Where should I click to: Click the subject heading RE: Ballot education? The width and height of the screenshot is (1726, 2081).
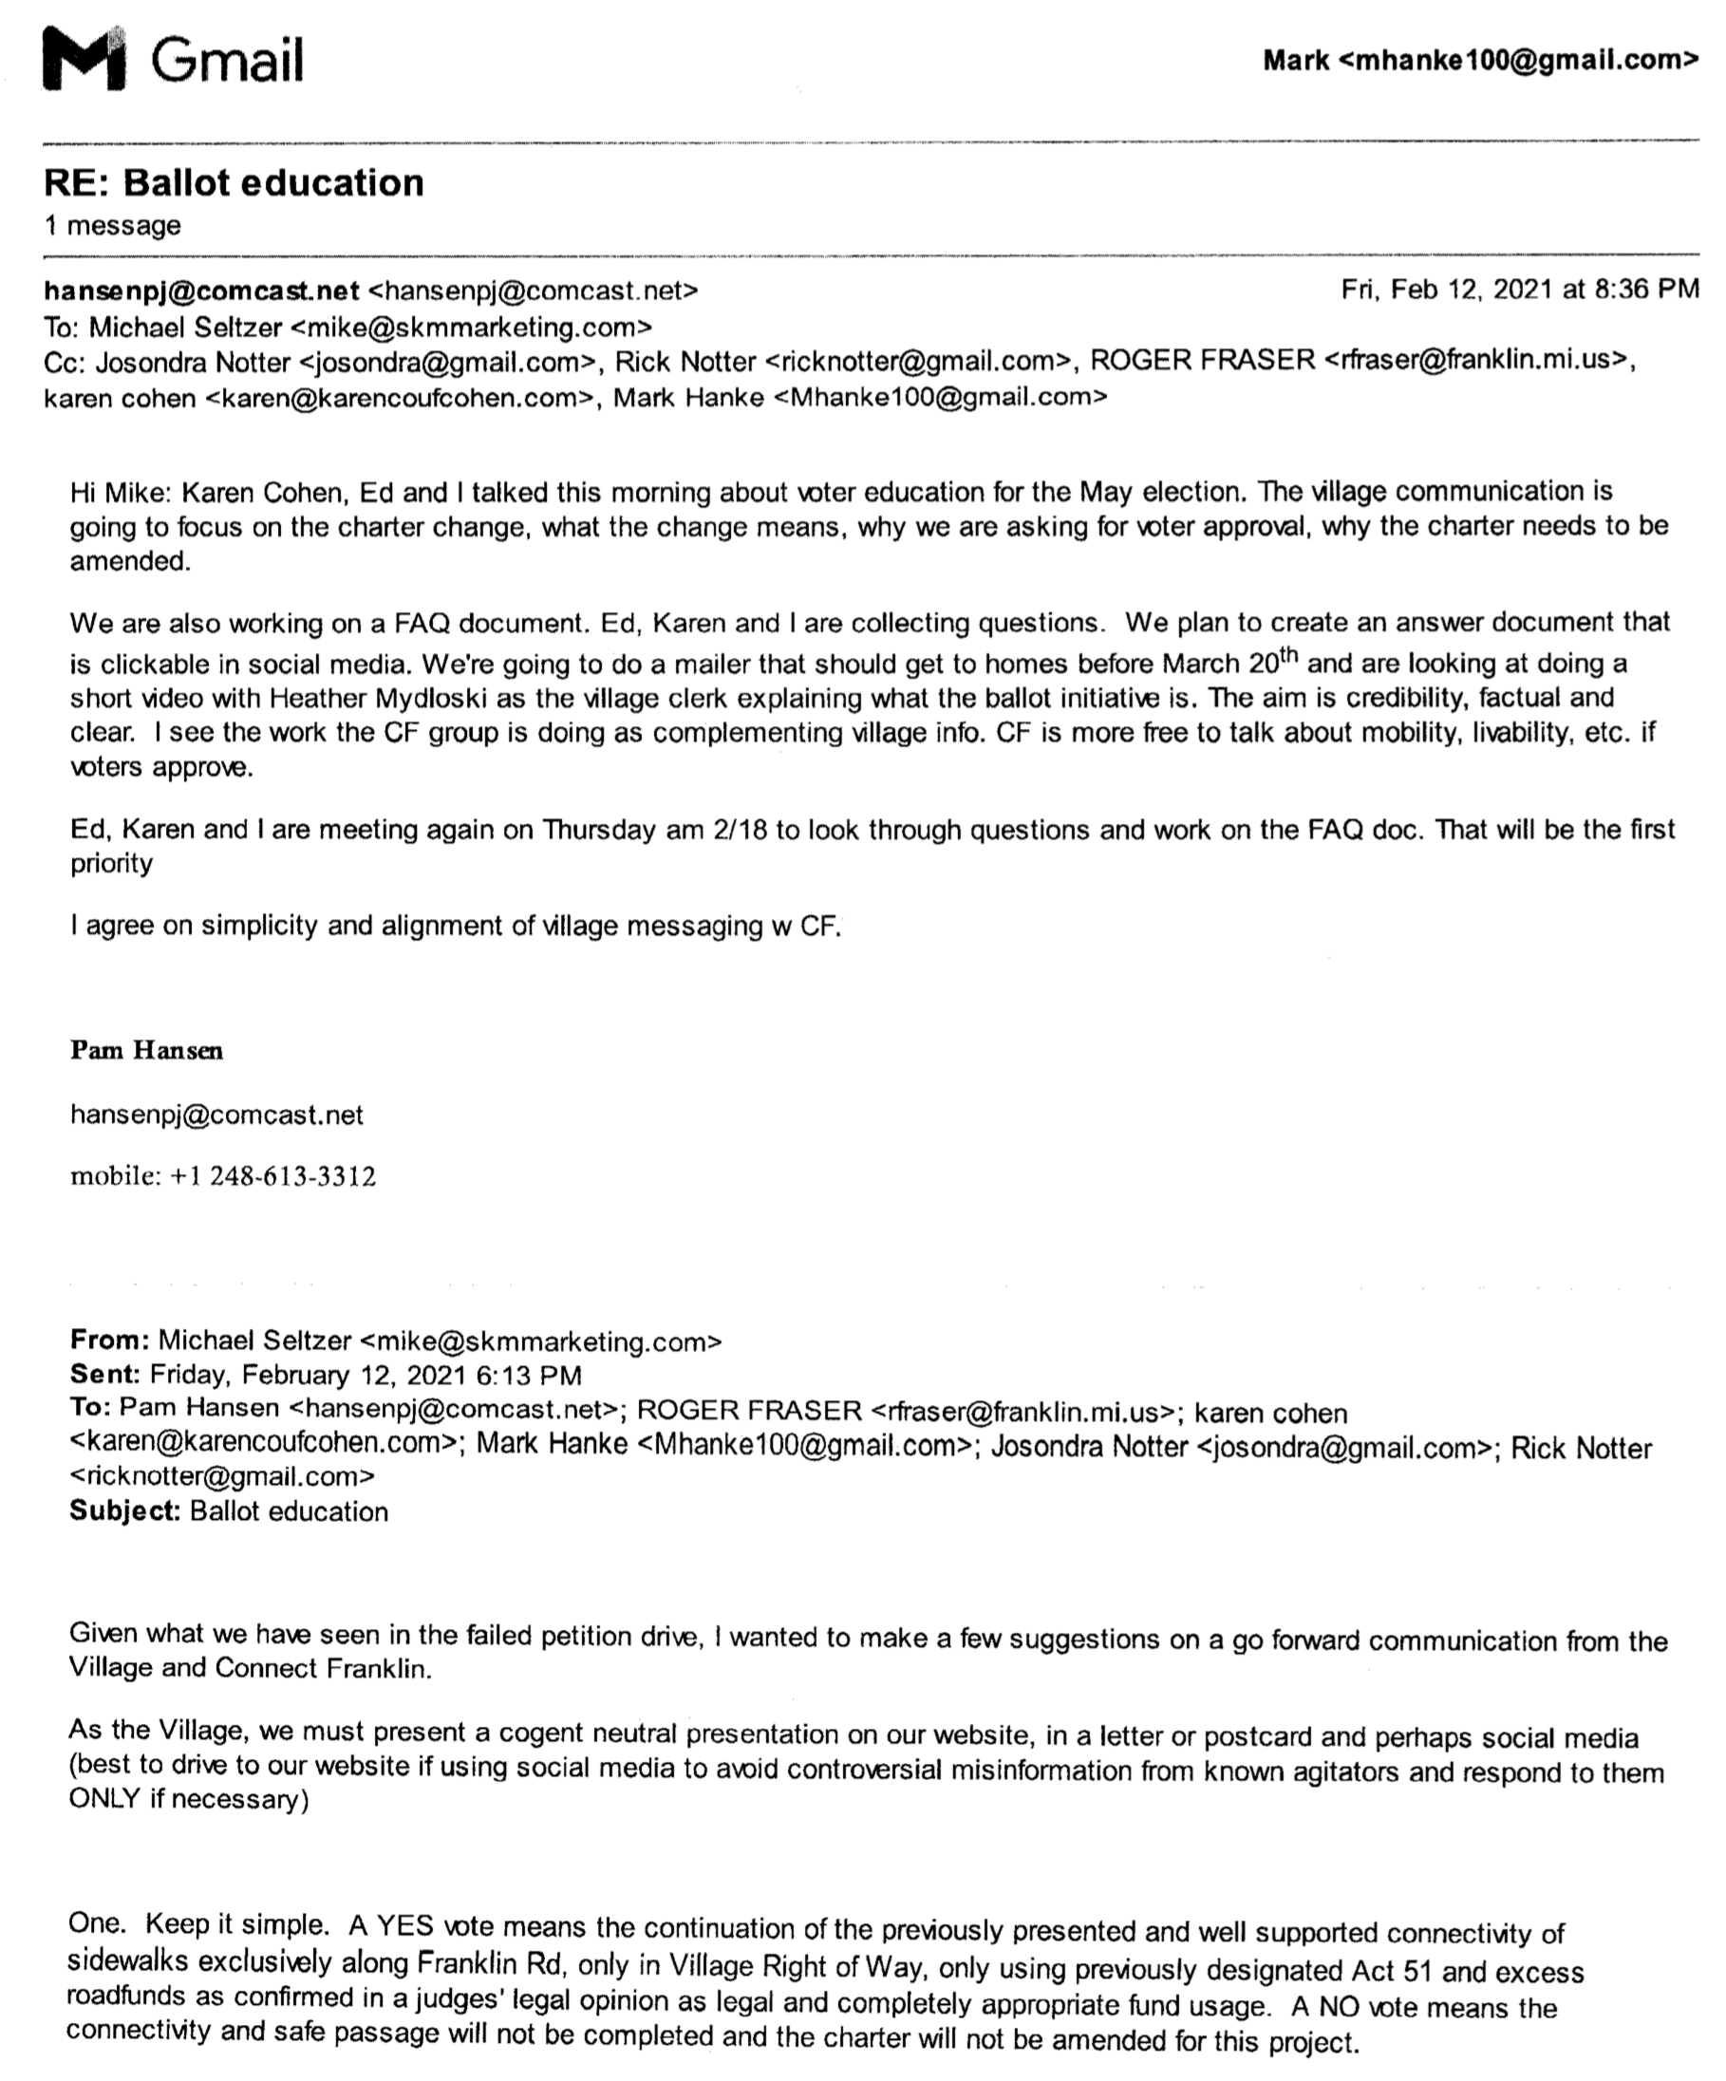click(x=234, y=182)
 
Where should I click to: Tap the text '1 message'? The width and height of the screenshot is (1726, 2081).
click(x=112, y=226)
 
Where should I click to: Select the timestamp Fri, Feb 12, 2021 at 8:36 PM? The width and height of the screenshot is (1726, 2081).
click(x=1519, y=290)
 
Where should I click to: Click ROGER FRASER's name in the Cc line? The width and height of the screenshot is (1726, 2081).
click(x=1202, y=361)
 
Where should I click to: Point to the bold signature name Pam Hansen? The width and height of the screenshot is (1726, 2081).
click(x=146, y=1050)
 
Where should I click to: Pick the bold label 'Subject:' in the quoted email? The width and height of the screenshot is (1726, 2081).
click(x=124, y=1511)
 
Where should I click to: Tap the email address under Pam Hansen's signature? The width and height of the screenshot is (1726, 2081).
click(x=217, y=1115)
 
